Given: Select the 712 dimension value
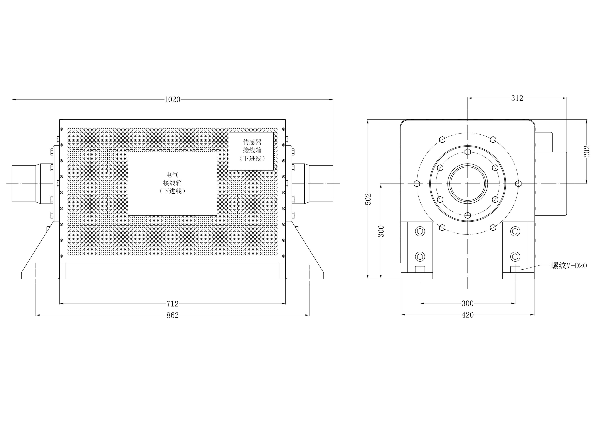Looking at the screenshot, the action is [x=172, y=304].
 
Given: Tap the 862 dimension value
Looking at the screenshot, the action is [x=172, y=315].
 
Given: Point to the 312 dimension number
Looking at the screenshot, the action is [x=517, y=98].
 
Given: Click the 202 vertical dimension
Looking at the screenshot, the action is [x=587, y=151].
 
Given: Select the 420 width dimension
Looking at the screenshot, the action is [x=467, y=315].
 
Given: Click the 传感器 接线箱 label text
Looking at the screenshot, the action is [x=252, y=146].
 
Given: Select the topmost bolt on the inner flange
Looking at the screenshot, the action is [x=467, y=152].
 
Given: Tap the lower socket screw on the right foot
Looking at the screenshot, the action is [x=515, y=257].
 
